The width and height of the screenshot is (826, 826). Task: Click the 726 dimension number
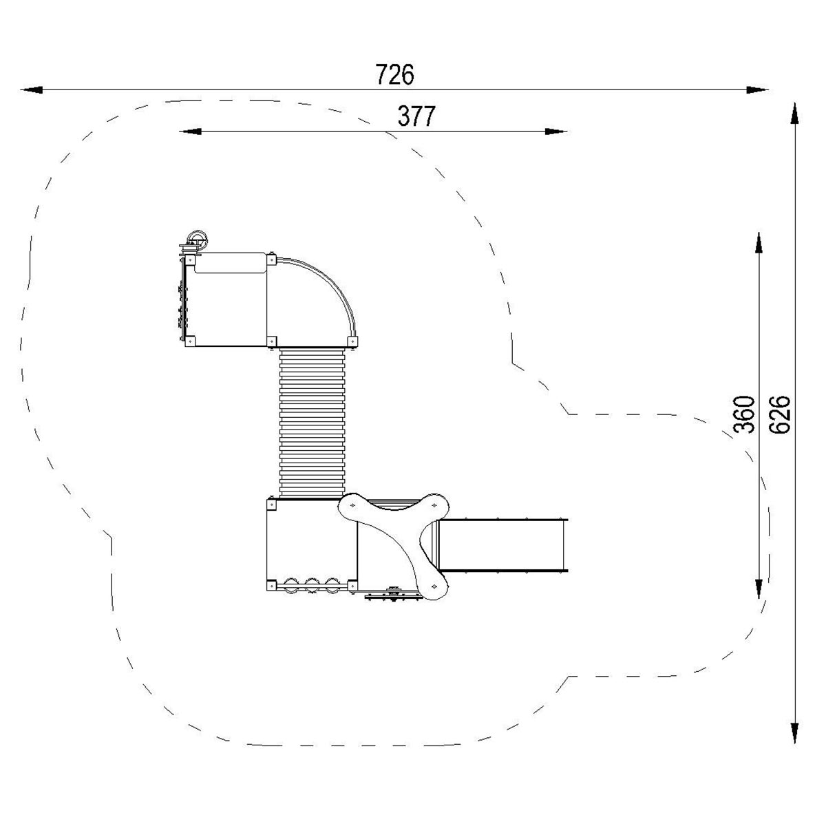395,74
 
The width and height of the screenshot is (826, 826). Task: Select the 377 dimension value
416,116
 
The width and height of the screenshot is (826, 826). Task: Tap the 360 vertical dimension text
744,415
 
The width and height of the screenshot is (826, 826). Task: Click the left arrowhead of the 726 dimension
31,90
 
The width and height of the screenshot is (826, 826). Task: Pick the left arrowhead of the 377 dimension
190,131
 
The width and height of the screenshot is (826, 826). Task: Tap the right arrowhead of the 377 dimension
556,131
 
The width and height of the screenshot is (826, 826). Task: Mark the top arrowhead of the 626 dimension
794,113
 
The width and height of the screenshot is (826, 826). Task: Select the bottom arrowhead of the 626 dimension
794,732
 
